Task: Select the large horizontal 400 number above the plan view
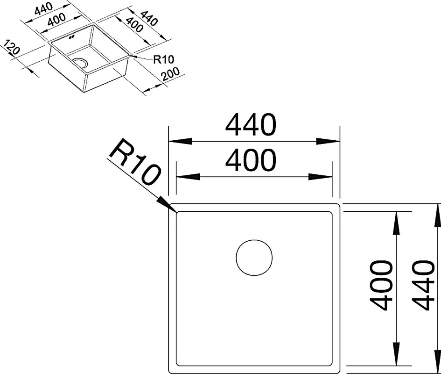(x=251, y=160)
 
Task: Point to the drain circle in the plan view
(x=254, y=258)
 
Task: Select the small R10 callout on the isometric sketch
(x=164, y=59)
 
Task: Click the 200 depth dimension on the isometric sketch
(x=170, y=74)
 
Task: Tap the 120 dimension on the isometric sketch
(x=12, y=47)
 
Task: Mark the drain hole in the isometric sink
(x=80, y=63)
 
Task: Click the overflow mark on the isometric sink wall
(x=71, y=36)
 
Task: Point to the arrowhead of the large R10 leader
(x=167, y=204)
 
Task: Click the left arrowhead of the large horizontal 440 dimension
(x=180, y=141)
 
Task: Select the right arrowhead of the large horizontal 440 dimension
(x=328, y=141)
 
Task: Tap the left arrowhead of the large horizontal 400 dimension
(x=188, y=177)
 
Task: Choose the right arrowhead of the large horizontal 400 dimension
(x=320, y=177)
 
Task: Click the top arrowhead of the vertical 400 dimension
(x=396, y=223)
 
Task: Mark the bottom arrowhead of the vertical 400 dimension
(x=396, y=354)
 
